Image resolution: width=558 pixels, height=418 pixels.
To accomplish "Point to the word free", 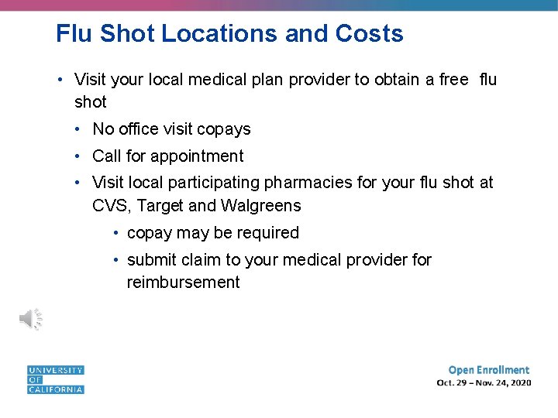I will coord(453,79).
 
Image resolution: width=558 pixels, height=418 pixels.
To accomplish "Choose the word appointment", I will coord(197,156).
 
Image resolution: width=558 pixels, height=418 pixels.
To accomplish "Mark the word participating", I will coord(212,183).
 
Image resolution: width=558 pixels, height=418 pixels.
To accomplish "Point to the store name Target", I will coord(160,206).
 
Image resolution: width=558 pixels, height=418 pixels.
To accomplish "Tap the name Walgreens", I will coord(261,206).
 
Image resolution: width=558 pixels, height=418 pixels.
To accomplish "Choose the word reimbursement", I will coord(184,283).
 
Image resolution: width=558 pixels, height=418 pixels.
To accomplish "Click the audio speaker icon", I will coord(31,319).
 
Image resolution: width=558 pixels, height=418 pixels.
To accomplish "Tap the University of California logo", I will coord(55,380).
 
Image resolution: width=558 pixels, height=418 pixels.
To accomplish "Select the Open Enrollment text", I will coord(489,370).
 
